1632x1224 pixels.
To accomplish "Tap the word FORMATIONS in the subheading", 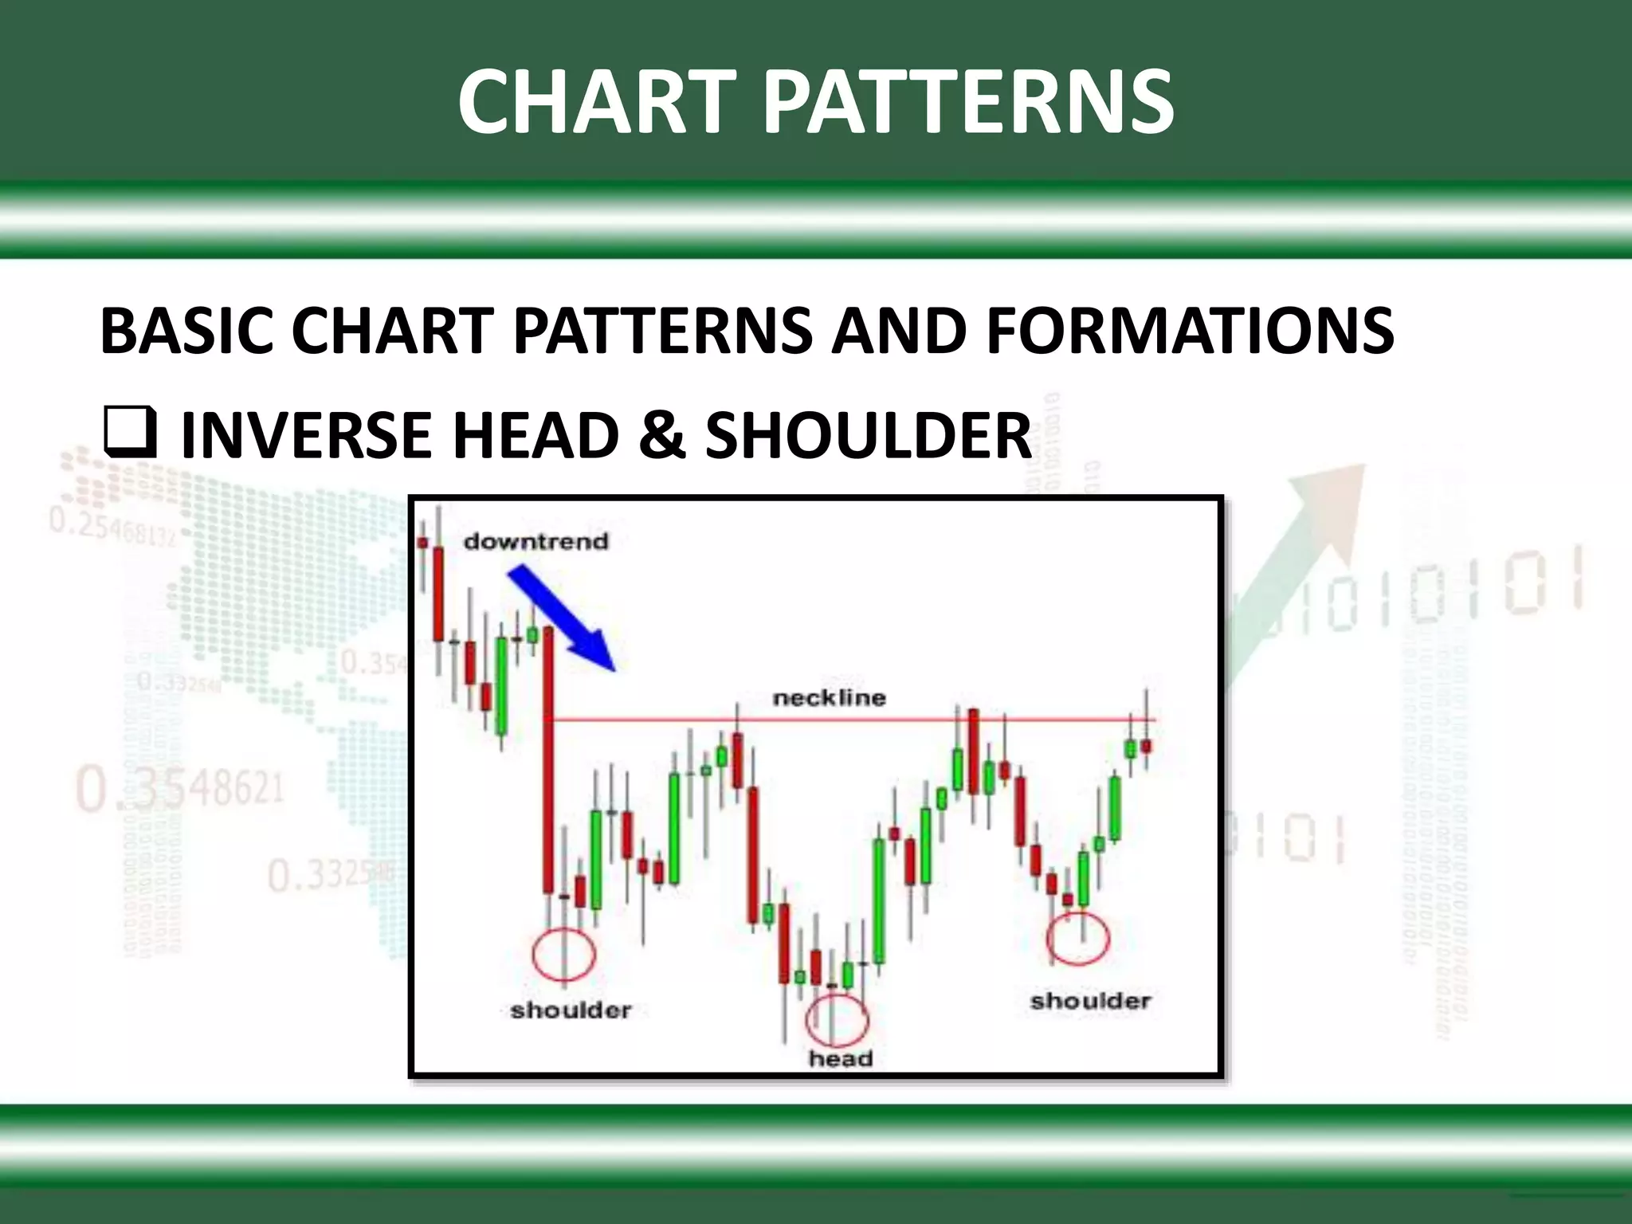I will coord(1190,331).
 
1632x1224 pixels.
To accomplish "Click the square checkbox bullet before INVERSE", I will coord(128,434).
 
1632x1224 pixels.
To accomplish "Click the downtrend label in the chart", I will coord(535,542).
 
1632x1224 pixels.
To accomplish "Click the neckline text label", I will coord(829,698).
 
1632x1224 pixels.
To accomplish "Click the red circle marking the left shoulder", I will coord(563,954).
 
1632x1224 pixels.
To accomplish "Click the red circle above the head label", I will coord(836,1020).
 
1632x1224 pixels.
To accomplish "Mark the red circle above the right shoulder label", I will coord(1077,938).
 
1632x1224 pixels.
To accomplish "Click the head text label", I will coord(841,1059).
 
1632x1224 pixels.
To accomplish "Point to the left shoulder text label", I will coord(571,1010).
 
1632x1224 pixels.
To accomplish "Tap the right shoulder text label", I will coord(1090,1001).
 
